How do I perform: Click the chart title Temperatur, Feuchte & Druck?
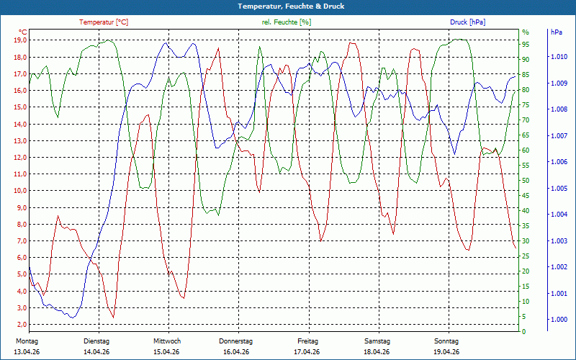click(288, 6)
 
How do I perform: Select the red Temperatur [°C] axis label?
click(104, 22)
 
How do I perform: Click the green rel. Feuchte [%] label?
click(287, 22)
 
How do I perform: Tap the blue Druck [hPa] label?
click(468, 22)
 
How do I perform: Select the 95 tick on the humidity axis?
click(526, 44)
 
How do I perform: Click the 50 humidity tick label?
click(526, 181)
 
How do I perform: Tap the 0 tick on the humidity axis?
click(523, 332)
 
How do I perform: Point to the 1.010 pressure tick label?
click(559, 57)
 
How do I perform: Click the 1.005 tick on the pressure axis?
click(559, 189)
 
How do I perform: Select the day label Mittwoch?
click(167, 341)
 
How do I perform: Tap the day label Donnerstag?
click(236, 341)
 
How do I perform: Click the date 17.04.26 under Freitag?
click(307, 352)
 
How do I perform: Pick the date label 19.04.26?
click(446, 352)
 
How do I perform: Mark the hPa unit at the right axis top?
click(557, 32)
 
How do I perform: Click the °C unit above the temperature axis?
click(23, 32)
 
